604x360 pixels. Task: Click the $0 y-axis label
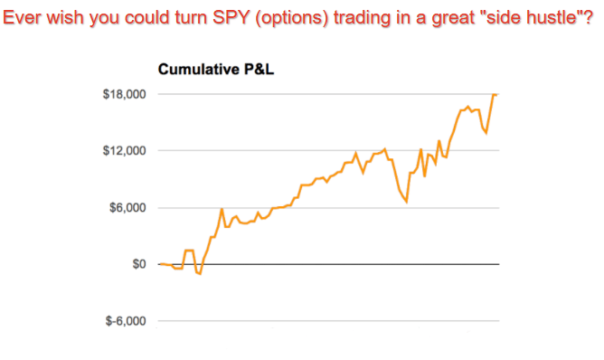pos(139,264)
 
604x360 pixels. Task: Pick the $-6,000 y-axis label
pos(127,321)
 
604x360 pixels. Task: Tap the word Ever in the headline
pos(22,17)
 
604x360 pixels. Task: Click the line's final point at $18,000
pos(497,94)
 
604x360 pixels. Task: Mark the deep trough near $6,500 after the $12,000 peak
pos(407,201)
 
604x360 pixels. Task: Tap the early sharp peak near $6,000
pos(222,209)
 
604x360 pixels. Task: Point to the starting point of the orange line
pos(159,264)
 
